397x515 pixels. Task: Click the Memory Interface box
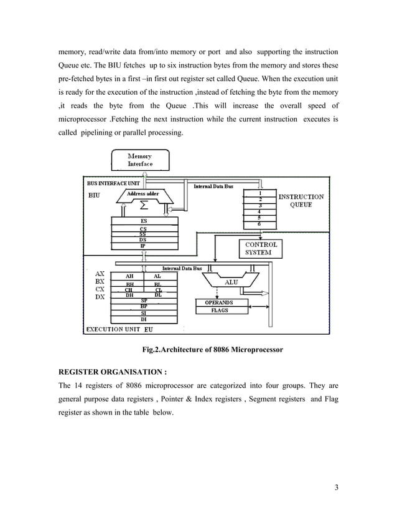click(x=139, y=160)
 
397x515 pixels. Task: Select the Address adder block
click(x=142, y=195)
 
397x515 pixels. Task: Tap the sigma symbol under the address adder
click(x=143, y=205)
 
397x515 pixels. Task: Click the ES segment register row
click(x=143, y=221)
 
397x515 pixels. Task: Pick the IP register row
click(x=143, y=246)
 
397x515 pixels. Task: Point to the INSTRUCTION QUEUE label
click(x=301, y=201)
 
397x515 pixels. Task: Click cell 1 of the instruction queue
click(x=259, y=193)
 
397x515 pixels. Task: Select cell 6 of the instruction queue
click(x=259, y=224)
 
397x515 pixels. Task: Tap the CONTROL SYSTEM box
click(x=261, y=249)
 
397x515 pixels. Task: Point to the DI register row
click(x=143, y=319)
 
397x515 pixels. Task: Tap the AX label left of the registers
click(x=99, y=273)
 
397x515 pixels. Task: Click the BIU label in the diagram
click(x=94, y=195)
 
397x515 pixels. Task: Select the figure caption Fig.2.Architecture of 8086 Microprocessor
click(x=213, y=350)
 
